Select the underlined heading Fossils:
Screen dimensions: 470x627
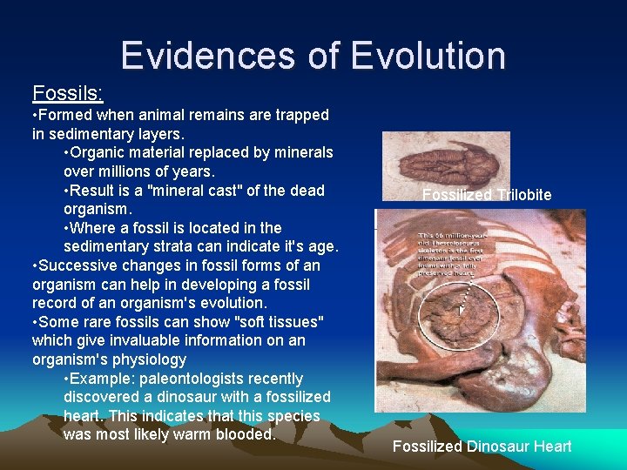click(x=67, y=92)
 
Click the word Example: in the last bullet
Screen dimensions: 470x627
click(x=98, y=379)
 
